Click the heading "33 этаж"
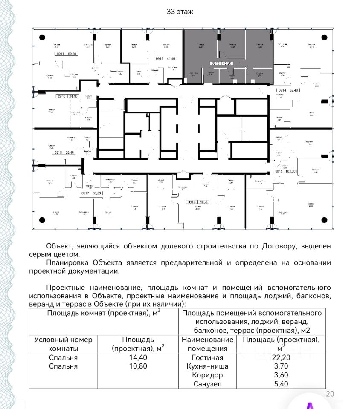(x=180, y=12)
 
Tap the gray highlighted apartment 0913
(x=228, y=55)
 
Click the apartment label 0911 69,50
(x=66, y=55)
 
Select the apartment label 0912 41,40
(x=165, y=58)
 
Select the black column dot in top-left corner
(x=42, y=37)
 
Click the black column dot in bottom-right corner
(x=321, y=219)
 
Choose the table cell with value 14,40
(x=138, y=358)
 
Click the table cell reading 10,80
(x=138, y=366)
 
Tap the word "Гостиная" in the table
(x=207, y=358)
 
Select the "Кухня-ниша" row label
(x=207, y=366)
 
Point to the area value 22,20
(x=280, y=358)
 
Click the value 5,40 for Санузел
(x=280, y=384)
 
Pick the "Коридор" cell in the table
(x=207, y=375)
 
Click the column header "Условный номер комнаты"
(x=63, y=344)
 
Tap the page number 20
(x=330, y=394)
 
